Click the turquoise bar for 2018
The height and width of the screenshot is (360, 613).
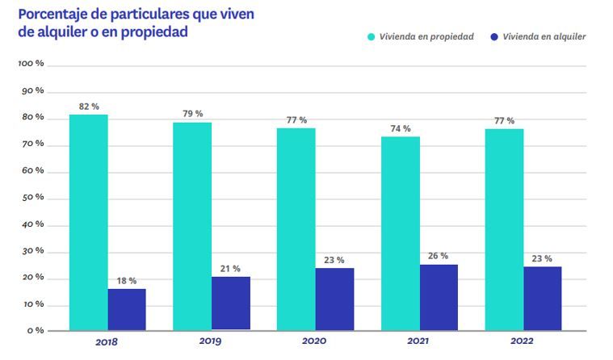(x=88, y=222)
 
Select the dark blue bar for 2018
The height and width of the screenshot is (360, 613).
(x=127, y=309)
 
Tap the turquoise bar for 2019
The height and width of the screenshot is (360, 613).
(x=192, y=226)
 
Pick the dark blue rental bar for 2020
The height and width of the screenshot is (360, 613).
(x=334, y=299)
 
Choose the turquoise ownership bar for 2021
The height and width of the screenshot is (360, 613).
(x=401, y=233)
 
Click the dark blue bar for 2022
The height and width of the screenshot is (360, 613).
(x=542, y=298)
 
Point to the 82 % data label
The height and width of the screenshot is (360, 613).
(x=89, y=107)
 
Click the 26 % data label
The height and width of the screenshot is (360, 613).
(x=439, y=256)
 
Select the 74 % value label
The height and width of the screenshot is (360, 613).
(x=401, y=128)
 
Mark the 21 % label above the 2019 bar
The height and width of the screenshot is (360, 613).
(x=230, y=268)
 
